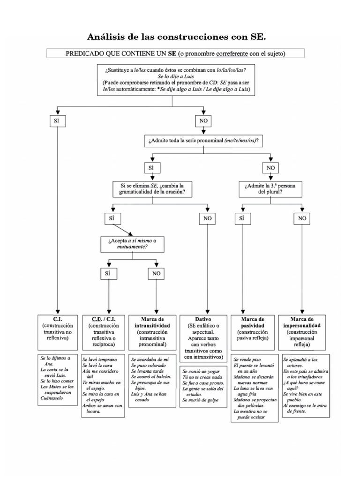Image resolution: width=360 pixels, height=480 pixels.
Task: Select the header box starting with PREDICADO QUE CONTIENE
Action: (175, 53)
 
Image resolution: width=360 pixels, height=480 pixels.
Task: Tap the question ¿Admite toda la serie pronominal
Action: (204, 140)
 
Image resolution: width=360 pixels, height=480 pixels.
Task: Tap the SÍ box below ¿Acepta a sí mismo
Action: (108, 273)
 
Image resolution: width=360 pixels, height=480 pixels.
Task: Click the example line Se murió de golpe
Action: (200, 400)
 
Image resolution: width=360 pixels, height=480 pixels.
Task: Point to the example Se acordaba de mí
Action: (149, 359)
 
